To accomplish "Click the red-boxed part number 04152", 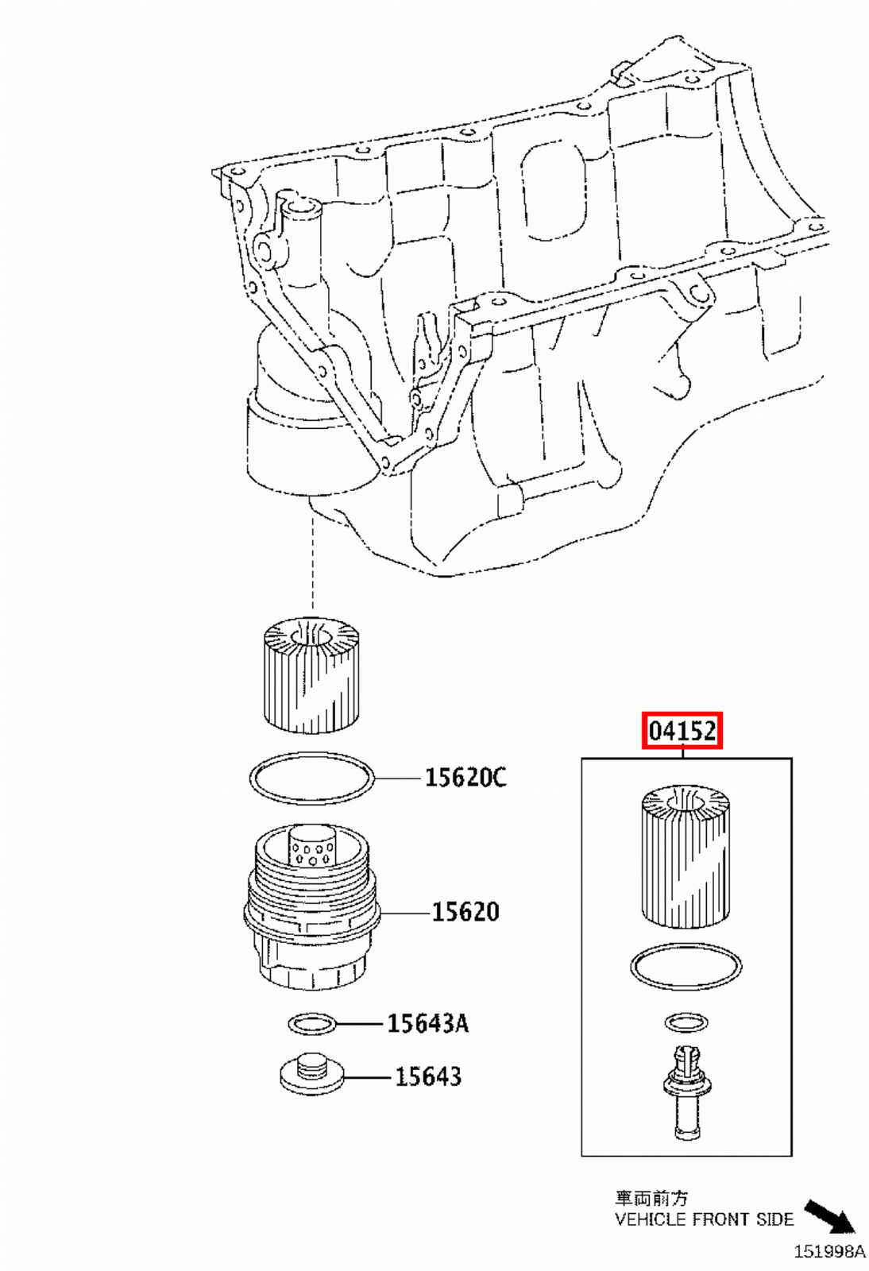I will coord(682,731).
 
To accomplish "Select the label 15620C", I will coord(465,777).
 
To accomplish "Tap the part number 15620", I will coord(465,912).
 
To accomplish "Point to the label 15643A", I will coord(427,1023).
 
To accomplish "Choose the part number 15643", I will coord(427,1076).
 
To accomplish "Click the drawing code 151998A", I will coord(829,1252).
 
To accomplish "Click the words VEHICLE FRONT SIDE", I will coord(704,1219).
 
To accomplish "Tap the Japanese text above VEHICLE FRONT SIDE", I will coord(651,1199).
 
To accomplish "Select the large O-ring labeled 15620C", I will coord(311,778).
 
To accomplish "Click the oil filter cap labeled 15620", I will coord(311,914).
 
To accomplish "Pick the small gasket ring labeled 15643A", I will coord(312,1024).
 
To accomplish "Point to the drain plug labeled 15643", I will coord(312,1075).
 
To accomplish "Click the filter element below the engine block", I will coord(312,675).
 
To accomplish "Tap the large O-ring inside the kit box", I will coord(686,967).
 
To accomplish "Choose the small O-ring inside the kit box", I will coord(686,1022).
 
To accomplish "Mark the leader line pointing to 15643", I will coord(369,1078).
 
